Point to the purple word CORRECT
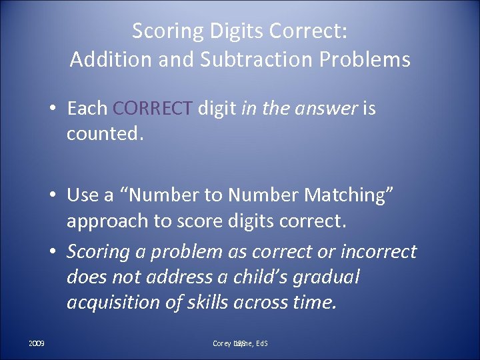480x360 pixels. click(154, 108)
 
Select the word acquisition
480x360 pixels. click(111, 302)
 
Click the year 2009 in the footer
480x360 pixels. click(37, 343)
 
